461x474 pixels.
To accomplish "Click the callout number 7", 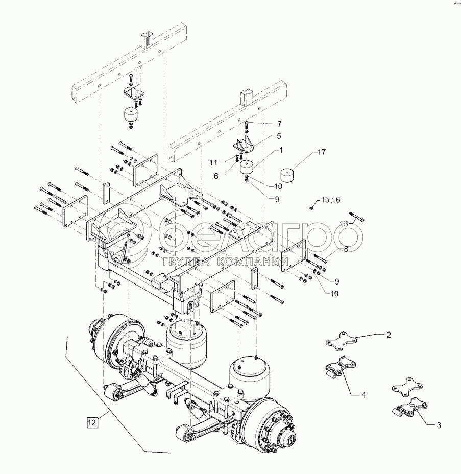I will pos(280,124).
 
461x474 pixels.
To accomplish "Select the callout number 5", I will pos(279,136).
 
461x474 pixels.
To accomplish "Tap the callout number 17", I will pos(321,152).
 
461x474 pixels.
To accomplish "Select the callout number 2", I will pos(388,335).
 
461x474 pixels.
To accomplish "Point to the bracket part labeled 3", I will pos(407,409).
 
